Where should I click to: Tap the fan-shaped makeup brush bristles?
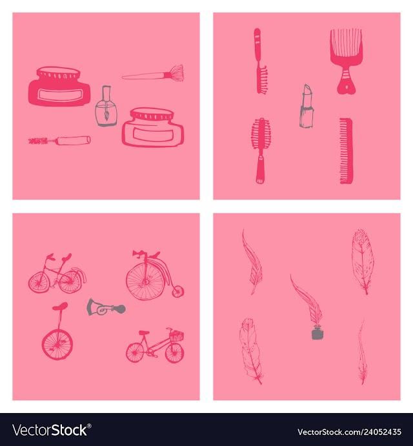(x=177, y=73)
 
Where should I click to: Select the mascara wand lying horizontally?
(x=59, y=141)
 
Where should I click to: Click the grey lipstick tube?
(x=307, y=106)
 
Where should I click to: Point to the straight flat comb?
(x=346, y=151)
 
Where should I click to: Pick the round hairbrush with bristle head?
(x=260, y=150)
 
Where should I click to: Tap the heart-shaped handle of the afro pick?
(x=346, y=86)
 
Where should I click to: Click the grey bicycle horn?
(x=106, y=307)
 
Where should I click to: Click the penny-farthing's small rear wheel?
(x=177, y=292)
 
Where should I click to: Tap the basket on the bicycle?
(x=177, y=336)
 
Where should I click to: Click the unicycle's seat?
(x=60, y=306)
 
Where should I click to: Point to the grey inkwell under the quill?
(x=317, y=332)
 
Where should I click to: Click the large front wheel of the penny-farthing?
(x=146, y=281)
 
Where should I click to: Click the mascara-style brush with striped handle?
(x=260, y=61)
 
